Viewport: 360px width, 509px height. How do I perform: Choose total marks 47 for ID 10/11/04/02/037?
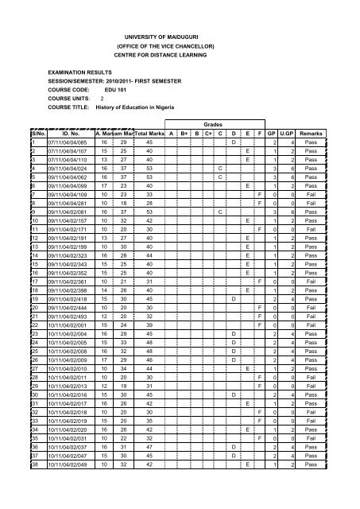coord(150,482)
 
